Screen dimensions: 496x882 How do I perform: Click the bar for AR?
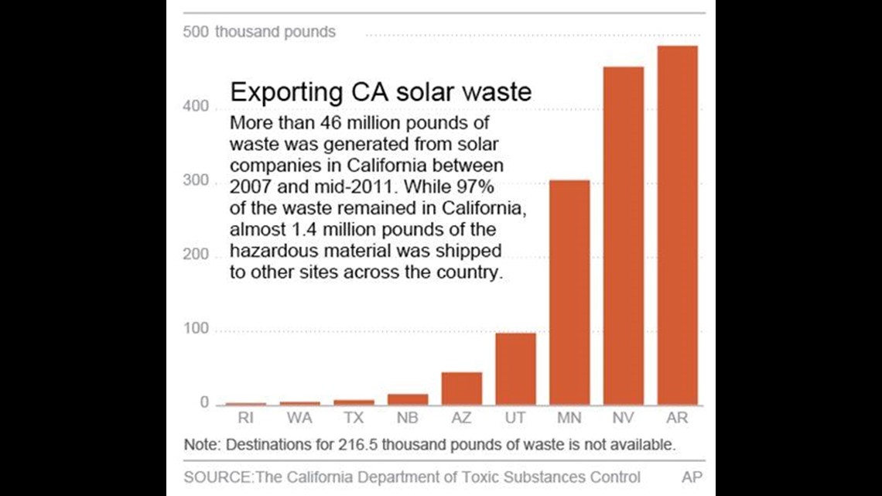tap(677, 225)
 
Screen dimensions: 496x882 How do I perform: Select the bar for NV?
tap(623, 236)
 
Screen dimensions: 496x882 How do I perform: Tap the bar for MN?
tap(569, 292)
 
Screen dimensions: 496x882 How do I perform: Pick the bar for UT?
tap(515, 369)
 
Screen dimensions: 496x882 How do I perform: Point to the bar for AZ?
tap(462, 388)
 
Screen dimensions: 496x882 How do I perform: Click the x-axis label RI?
tap(245, 418)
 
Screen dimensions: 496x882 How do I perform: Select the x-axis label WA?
tap(299, 418)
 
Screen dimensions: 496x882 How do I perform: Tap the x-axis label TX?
tap(354, 418)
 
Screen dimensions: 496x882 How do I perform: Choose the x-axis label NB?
tap(408, 418)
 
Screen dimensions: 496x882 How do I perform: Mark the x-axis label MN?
tap(569, 418)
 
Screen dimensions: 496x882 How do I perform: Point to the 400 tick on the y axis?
tap(196, 106)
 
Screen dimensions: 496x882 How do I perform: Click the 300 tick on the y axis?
tap(196, 181)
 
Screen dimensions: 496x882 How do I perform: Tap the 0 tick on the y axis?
tap(204, 402)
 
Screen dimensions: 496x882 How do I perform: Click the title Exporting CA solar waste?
tap(381, 92)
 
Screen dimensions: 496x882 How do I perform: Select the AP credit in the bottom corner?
tap(691, 477)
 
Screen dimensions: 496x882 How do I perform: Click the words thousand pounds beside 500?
tap(275, 32)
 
